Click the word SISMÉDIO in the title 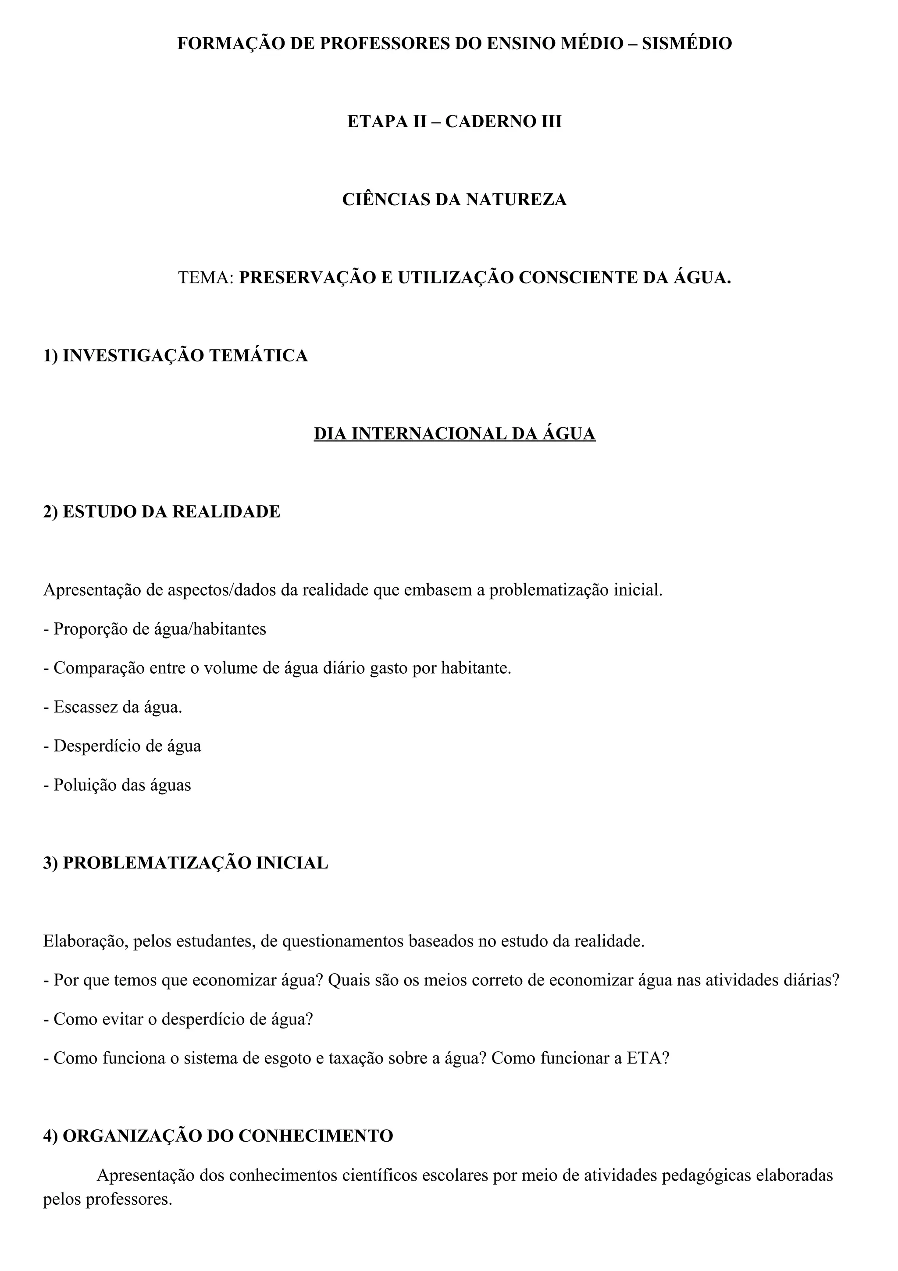click(x=687, y=43)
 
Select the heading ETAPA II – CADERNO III click(x=454, y=121)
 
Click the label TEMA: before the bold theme click(x=207, y=277)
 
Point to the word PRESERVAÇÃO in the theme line click(x=306, y=277)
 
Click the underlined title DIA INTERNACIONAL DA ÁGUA click(x=454, y=433)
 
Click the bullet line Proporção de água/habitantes click(x=155, y=629)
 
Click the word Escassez click(x=84, y=707)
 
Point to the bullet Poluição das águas click(x=118, y=785)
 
